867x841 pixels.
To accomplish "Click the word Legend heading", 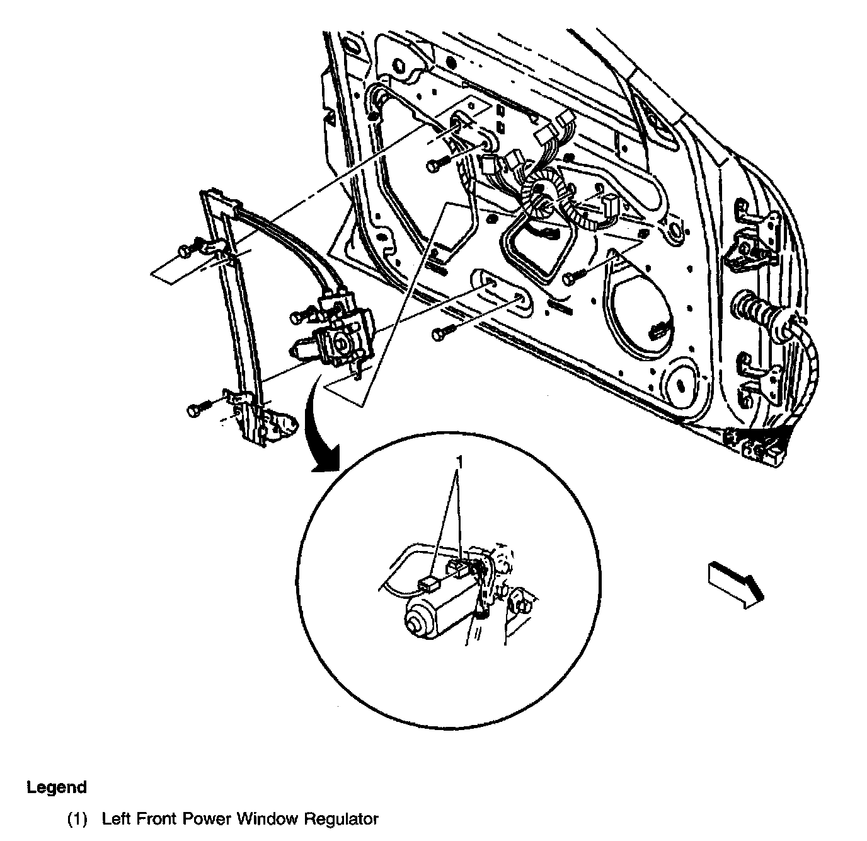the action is click(57, 787).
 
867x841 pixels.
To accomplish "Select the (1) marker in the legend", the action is click(78, 819).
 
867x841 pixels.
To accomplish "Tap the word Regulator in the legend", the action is click(342, 819).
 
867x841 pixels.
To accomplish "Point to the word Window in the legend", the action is click(270, 819).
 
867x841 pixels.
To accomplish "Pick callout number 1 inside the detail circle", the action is click(460, 463).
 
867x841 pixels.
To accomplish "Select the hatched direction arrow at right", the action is click(735, 583).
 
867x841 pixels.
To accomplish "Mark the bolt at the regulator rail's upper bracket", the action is click(187, 250).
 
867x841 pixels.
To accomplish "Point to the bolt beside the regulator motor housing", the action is click(300, 317).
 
